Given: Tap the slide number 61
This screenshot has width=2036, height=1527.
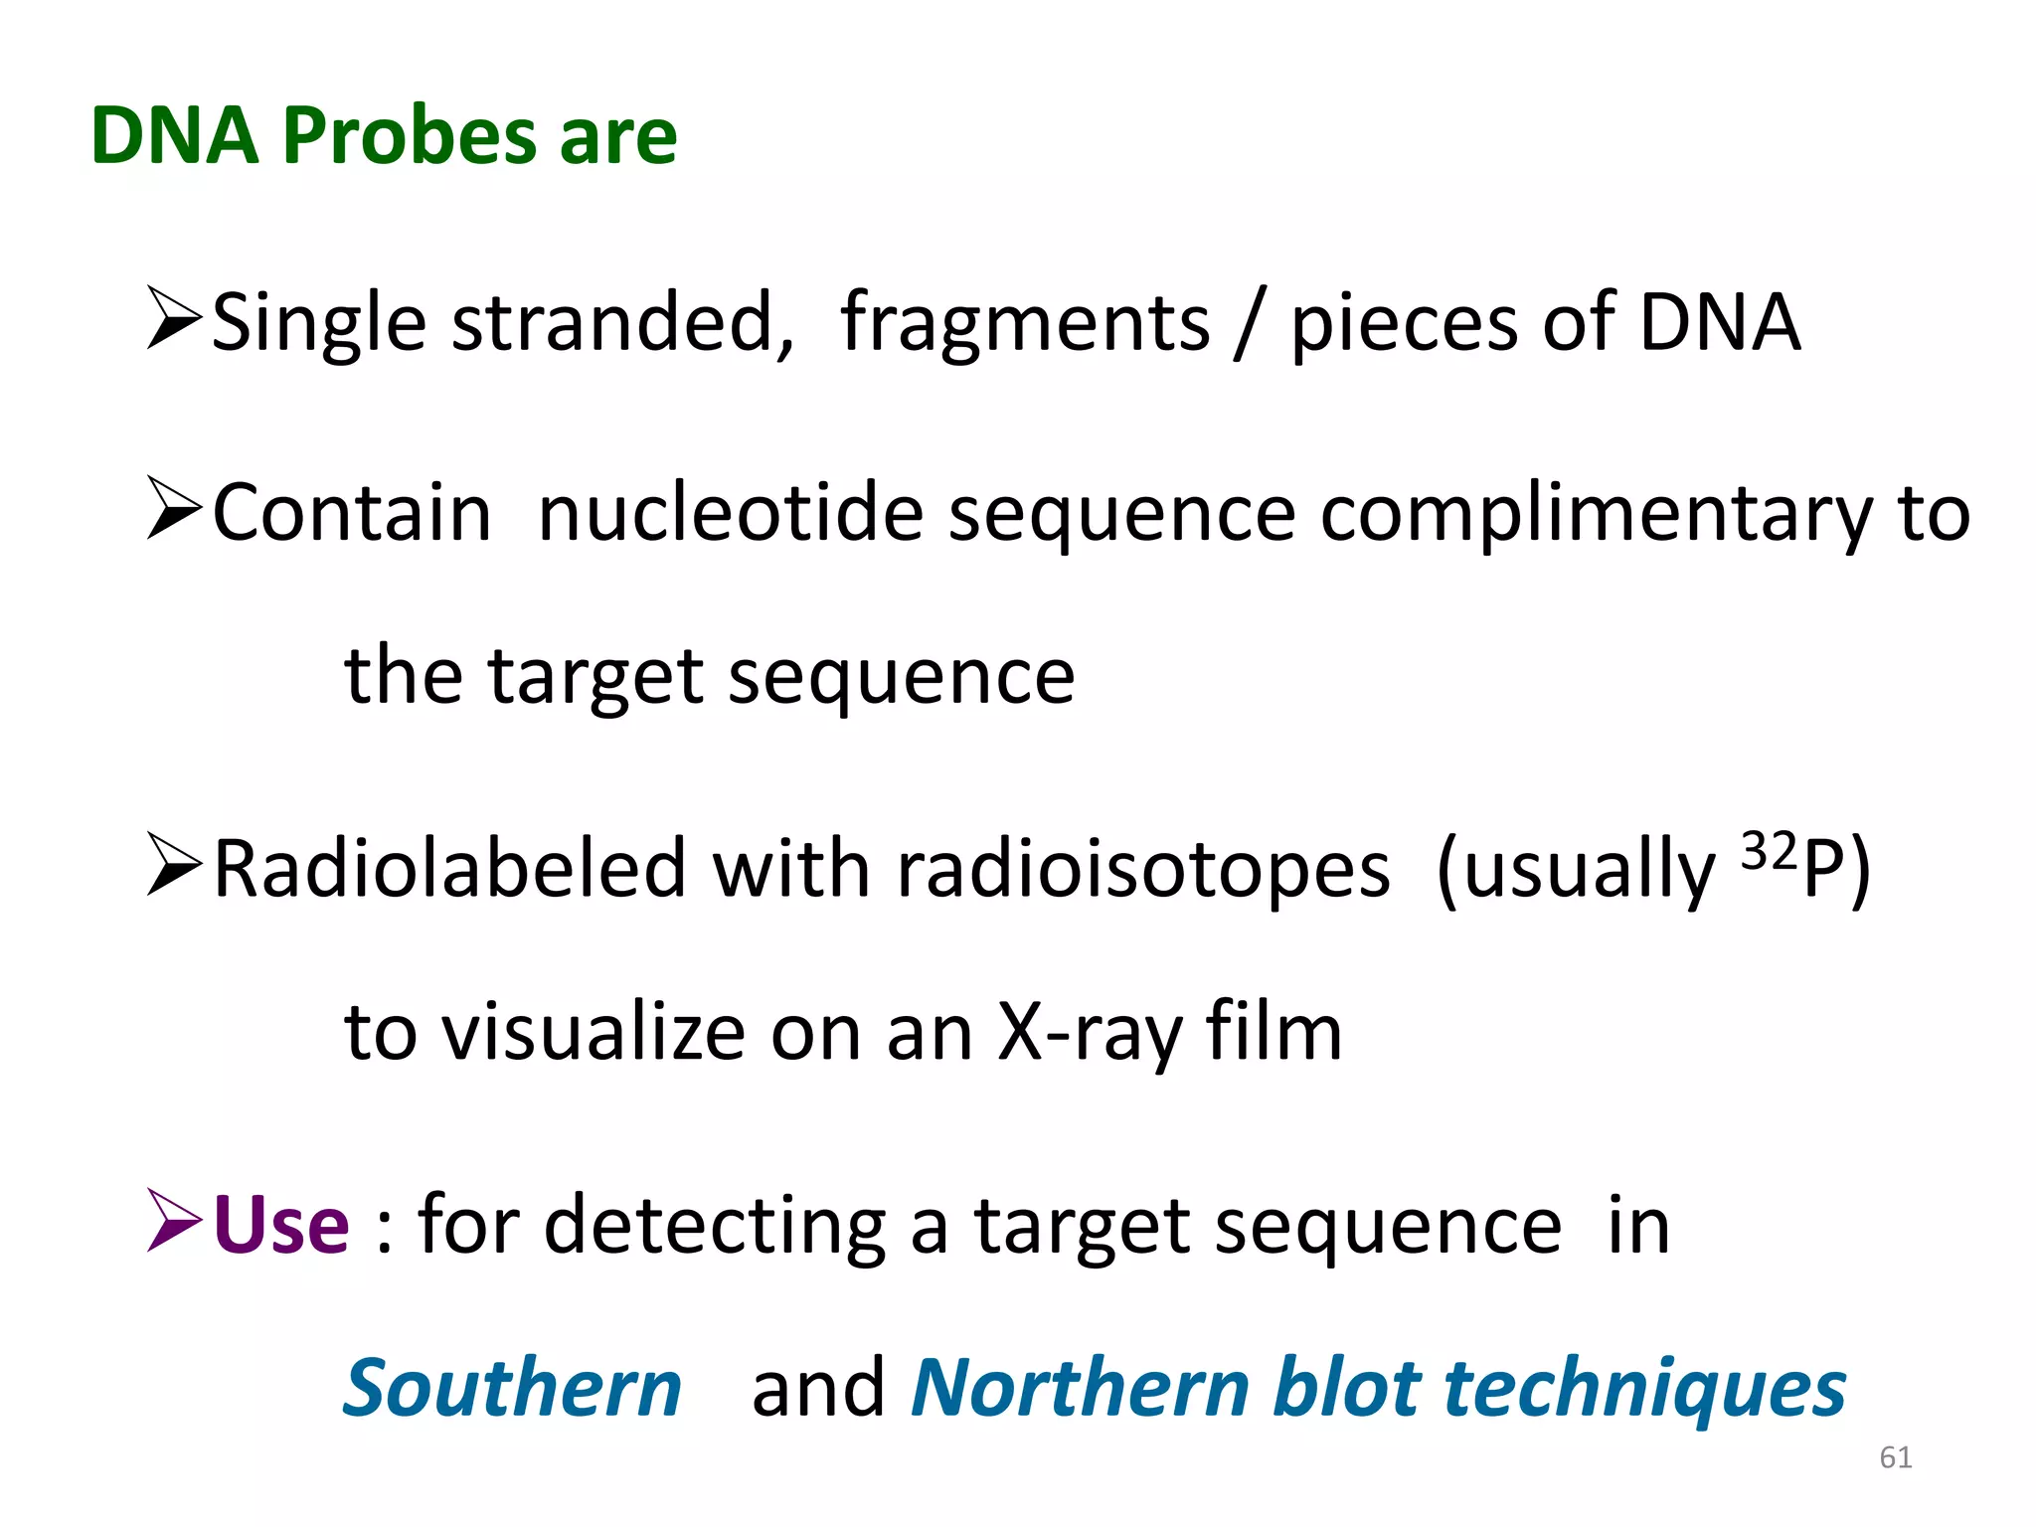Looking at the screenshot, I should [x=1895, y=1457].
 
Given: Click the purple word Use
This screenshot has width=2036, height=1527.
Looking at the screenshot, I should [x=281, y=1225].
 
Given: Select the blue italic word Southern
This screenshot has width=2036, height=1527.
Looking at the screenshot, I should [x=512, y=1388].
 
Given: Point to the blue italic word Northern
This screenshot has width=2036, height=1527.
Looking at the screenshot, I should [x=1081, y=1388].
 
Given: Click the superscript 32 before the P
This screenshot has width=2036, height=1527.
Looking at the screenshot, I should [x=1770, y=852].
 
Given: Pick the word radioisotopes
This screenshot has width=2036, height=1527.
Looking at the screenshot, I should [x=1143, y=869].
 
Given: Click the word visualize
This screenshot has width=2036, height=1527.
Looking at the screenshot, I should [x=594, y=1033].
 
